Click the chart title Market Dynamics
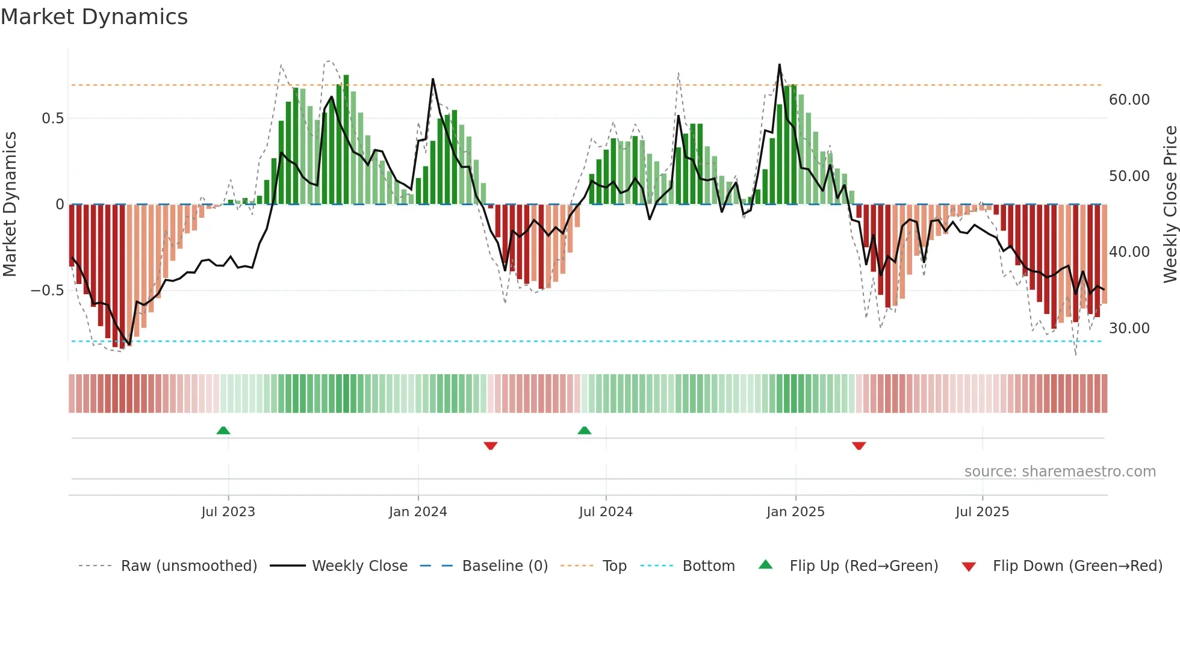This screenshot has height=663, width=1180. tap(95, 17)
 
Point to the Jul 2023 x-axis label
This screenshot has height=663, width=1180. tap(228, 512)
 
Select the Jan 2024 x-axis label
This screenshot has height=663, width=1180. tap(418, 512)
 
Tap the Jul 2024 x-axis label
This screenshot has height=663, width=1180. tap(606, 512)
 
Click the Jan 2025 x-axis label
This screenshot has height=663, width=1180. tap(795, 512)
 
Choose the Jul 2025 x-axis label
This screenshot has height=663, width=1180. tap(982, 512)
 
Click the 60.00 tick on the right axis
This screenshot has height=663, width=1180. tap(1129, 100)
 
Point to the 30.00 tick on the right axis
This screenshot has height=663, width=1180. tap(1129, 328)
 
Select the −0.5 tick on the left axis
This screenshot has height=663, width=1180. tap(48, 291)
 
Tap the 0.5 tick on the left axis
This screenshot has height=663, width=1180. tap(52, 119)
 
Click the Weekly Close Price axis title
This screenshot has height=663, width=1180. tap(1170, 204)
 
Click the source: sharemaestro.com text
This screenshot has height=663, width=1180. tap(1060, 472)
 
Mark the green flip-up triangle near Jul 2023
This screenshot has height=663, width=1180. tap(223, 431)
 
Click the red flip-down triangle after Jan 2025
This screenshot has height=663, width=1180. tap(859, 445)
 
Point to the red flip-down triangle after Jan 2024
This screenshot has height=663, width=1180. tap(491, 445)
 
